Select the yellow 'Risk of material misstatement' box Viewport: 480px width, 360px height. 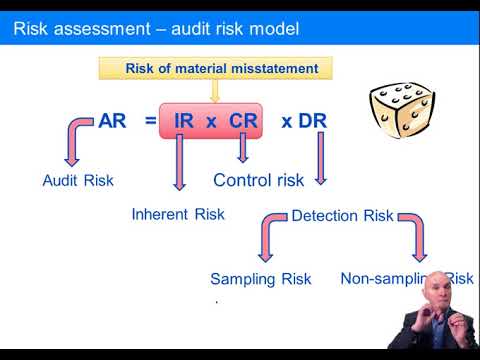[214, 69]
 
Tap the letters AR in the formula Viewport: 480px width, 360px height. [111, 122]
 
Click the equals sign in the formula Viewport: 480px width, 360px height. [150, 122]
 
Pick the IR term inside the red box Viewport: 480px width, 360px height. [185, 122]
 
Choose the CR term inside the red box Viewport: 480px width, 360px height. [243, 122]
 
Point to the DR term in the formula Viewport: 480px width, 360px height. [313, 122]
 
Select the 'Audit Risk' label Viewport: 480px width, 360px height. [78, 181]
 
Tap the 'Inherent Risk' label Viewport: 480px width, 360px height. [178, 214]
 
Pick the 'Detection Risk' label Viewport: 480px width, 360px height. [342, 215]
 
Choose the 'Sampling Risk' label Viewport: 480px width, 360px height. [260, 279]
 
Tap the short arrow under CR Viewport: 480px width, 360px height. [243, 151]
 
